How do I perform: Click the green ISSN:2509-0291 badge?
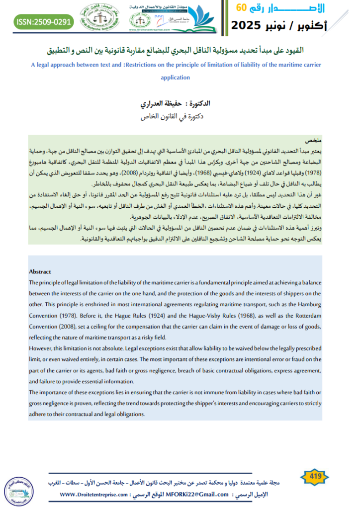click(44, 22)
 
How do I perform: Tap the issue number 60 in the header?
click(241, 8)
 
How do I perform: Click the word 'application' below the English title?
click(176, 78)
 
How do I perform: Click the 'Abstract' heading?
click(40, 271)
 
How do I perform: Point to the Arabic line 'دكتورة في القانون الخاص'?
click(175, 117)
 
